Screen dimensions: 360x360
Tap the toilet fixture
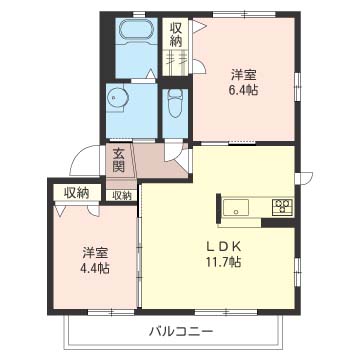[x=175, y=103]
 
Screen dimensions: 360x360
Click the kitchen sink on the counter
[x=236, y=208]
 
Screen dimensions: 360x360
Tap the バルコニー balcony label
[x=178, y=329]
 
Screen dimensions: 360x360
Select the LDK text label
[x=223, y=246]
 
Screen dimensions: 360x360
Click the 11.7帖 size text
[x=223, y=262]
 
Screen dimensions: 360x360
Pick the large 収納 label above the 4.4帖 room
[x=76, y=192]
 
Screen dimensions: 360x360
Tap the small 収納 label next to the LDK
[x=122, y=195]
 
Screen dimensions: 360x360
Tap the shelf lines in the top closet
[x=176, y=61]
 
